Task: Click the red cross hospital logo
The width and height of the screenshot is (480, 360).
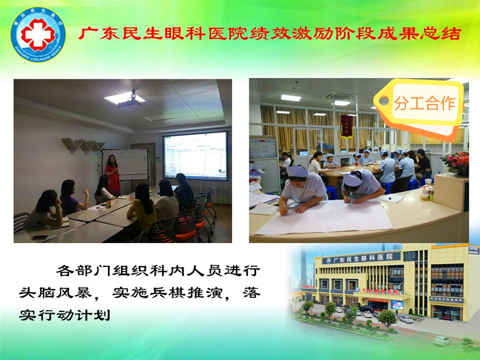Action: (38, 34)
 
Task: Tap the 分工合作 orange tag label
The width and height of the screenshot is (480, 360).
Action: (425, 103)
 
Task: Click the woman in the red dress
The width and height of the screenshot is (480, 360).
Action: (113, 174)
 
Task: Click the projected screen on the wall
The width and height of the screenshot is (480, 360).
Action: (194, 155)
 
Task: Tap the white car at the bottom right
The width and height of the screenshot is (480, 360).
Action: (442, 340)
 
